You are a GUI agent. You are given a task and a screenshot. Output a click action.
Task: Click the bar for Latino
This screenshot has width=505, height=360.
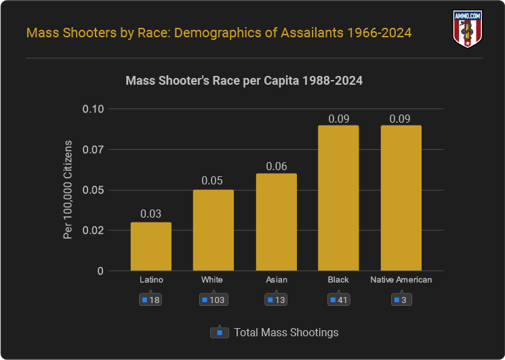pos(151,247)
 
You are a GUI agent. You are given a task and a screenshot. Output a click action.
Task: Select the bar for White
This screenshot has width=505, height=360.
pos(214,231)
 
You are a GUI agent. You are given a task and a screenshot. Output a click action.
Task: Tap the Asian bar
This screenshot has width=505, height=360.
pos(276,222)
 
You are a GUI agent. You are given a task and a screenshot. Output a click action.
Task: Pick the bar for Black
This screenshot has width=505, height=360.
pos(338,198)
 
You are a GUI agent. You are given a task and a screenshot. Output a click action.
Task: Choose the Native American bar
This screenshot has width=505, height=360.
pos(401,198)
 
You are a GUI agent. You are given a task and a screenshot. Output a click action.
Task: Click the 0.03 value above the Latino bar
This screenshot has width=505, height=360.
pos(151,214)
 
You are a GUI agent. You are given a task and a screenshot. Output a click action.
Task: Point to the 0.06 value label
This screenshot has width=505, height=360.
pos(276,165)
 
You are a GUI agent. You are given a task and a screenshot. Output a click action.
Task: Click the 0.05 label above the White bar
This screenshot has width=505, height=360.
pos(214,182)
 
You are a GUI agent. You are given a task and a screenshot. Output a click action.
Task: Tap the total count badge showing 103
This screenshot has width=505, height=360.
pos(213,300)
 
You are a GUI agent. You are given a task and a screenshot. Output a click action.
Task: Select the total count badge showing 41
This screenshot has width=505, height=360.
pos(338,300)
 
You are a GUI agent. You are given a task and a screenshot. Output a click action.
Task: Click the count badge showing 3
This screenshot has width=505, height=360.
pos(401,300)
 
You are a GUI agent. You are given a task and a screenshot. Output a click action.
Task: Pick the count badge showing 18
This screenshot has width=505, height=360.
pos(151,300)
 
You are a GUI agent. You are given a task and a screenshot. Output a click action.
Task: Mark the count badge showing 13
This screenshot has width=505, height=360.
pos(276,300)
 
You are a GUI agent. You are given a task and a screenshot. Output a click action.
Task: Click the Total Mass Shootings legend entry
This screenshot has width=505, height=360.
pos(275,333)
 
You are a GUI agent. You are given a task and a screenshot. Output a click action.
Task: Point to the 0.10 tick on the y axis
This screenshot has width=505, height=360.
pos(93,109)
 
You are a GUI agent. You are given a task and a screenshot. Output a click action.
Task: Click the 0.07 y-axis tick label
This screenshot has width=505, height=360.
pos(93,150)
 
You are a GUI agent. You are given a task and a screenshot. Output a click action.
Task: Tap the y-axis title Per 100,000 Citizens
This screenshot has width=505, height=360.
pos(67,190)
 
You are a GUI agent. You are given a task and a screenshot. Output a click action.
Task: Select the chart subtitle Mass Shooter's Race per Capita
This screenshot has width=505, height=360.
pos(244,81)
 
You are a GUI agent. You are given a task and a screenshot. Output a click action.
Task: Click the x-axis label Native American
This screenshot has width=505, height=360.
pos(401,279)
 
